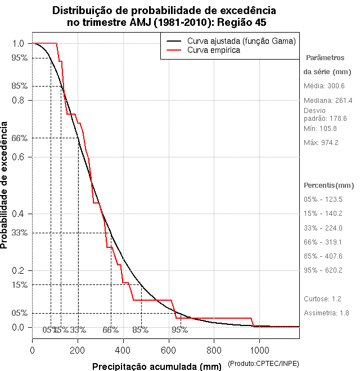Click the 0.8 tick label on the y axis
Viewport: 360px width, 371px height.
pyautogui.click(x=18, y=100)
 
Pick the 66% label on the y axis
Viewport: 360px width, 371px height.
pyautogui.click(x=19, y=138)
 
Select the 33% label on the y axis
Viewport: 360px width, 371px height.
pyautogui.click(x=19, y=233)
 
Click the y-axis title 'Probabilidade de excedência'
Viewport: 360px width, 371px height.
pyautogui.click(x=6, y=185)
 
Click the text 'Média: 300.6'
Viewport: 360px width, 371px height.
pyautogui.click(x=324, y=86)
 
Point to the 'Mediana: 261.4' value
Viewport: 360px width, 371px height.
pyautogui.click(x=328, y=100)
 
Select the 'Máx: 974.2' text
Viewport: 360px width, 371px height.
pyautogui.click(x=321, y=142)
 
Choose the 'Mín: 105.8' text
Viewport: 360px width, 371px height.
pyautogui.click(x=320, y=129)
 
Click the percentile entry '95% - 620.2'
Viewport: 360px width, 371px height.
pyautogui.click(x=323, y=270)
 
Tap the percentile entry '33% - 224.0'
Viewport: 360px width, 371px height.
pyautogui.click(x=323, y=228)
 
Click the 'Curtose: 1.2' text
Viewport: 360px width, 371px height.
pyautogui.click(x=322, y=298)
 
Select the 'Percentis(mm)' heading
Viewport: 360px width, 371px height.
pyautogui.click(x=329, y=185)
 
